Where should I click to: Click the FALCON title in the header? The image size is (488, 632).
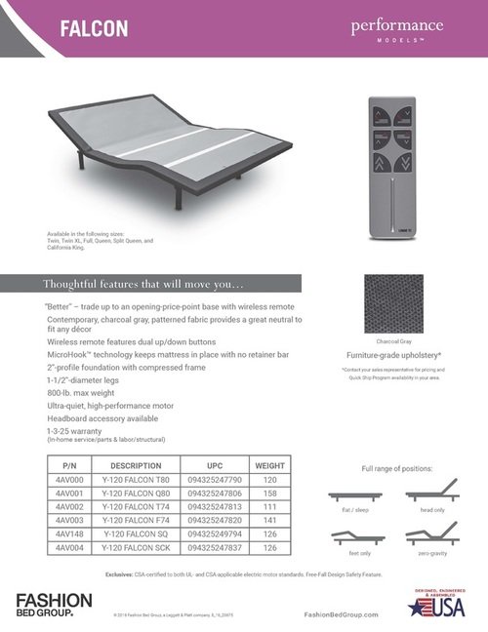(98, 29)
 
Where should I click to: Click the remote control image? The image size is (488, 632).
(399, 162)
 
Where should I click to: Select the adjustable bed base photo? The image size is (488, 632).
(166, 160)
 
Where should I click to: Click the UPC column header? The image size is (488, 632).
(215, 465)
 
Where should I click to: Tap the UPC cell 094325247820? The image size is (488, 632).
(215, 521)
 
